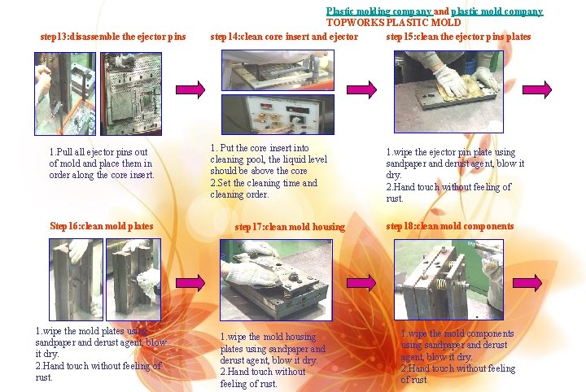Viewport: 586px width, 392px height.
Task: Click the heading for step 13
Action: tap(113, 37)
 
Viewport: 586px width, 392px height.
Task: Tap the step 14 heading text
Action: tap(284, 37)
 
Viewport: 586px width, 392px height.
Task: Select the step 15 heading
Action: tap(458, 37)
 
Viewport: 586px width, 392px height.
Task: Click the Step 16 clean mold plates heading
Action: tap(102, 226)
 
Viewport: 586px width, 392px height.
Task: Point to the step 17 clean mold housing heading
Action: tap(290, 227)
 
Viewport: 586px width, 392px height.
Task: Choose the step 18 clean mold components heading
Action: tap(450, 226)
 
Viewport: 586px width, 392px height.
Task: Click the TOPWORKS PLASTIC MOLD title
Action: tap(394, 23)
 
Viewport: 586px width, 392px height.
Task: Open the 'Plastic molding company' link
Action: tap(379, 11)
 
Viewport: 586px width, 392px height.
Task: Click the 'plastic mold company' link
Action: tap(497, 11)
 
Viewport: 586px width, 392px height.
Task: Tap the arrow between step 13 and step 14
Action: tap(190, 89)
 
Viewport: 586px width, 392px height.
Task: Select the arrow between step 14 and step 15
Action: tap(361, 89)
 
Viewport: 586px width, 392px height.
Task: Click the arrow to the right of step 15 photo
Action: tap(537, 89)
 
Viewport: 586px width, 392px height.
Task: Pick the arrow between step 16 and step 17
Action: tap(190, 282)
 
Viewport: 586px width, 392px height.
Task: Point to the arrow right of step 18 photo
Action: tap(527, 282)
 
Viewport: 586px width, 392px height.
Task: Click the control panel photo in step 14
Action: tap(278, 114)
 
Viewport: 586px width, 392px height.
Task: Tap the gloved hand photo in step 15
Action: tap(448, 92)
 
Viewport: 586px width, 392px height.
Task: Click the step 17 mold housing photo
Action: tap(276, 280)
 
